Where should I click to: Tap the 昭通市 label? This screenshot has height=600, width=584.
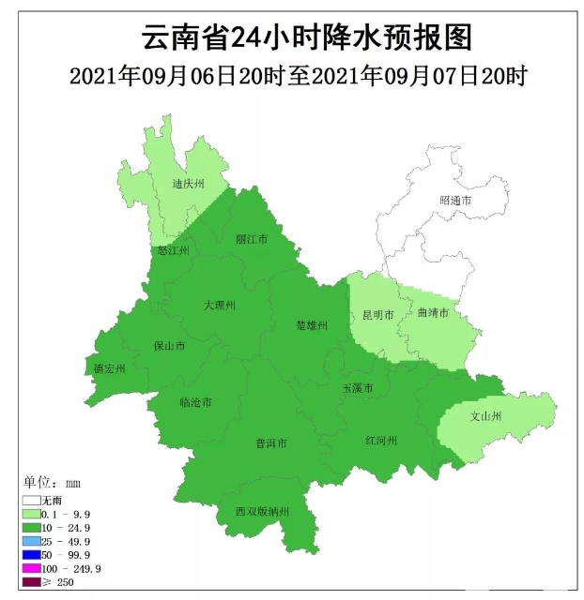[x=455, y=202]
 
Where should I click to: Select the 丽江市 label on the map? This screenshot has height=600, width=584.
[x=252, y=240]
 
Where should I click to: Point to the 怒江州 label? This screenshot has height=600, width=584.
[x=174, y=251]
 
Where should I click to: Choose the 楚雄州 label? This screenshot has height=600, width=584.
[x=311, y=325]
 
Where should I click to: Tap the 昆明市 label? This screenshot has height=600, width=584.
[x=377, y=314]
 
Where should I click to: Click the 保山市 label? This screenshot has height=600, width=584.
[x=169, y=346]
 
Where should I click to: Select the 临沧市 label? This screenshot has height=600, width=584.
[x=195, y=403]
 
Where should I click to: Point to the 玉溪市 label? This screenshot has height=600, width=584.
[x=358, y=388]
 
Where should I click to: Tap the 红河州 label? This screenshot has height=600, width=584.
[x=382, y=441]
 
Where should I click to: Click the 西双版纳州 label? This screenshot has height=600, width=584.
[x=263, y=512]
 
